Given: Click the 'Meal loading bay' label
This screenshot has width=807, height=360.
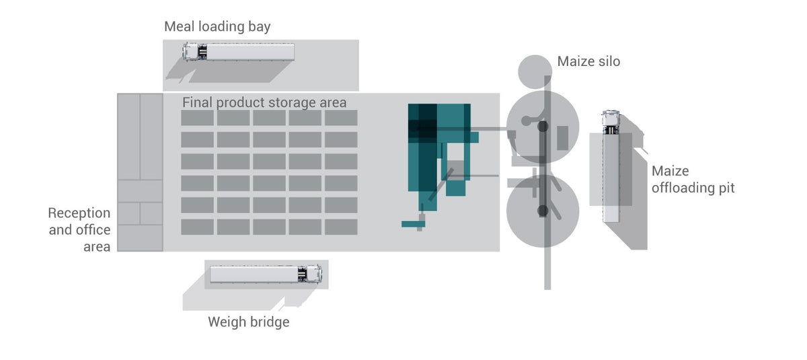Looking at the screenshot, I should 217,27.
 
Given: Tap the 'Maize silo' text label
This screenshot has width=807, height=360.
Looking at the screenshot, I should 588,62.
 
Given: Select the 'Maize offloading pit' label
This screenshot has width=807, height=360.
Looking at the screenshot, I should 693,180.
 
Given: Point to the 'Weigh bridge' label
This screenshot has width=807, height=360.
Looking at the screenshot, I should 248,322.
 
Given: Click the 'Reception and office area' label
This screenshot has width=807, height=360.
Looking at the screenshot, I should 79,229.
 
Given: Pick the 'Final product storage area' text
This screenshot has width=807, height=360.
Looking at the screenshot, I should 264,103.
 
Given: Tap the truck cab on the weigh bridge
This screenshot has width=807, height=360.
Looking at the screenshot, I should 311,274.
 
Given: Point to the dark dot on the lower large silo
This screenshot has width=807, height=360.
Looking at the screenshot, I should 543,212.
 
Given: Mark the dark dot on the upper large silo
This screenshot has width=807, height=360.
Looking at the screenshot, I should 543,126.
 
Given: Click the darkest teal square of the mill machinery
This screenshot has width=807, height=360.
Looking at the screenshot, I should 422,127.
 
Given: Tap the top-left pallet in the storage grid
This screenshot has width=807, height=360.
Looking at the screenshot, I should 197,118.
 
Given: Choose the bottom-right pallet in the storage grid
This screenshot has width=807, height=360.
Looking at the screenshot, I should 341,227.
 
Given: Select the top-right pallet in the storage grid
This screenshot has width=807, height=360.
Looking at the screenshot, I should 341,118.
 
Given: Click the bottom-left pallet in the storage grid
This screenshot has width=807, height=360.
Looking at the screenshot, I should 197,227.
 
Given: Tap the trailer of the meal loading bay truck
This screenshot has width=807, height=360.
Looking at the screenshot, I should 252,52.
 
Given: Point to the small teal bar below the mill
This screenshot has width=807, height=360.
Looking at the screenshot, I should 411,223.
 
